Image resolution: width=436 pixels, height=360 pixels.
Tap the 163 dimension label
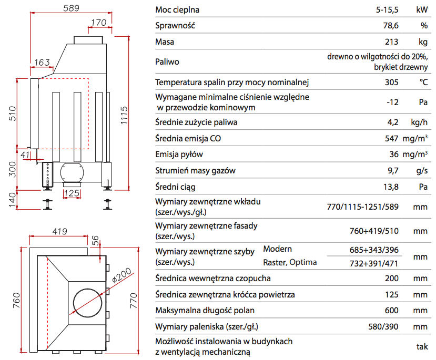click(42, 63)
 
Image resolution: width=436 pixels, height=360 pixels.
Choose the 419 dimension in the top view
click(59, 231)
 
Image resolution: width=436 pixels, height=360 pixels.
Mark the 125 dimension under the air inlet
click(72, 193)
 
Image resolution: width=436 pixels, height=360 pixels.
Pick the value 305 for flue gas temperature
click(392, 82)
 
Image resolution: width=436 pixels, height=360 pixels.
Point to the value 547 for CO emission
click(392, 139)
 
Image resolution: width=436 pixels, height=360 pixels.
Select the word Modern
click(277, 249)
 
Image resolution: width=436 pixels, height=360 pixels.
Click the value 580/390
click(384, 326)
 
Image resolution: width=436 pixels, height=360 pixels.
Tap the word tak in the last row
click(421, 347)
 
